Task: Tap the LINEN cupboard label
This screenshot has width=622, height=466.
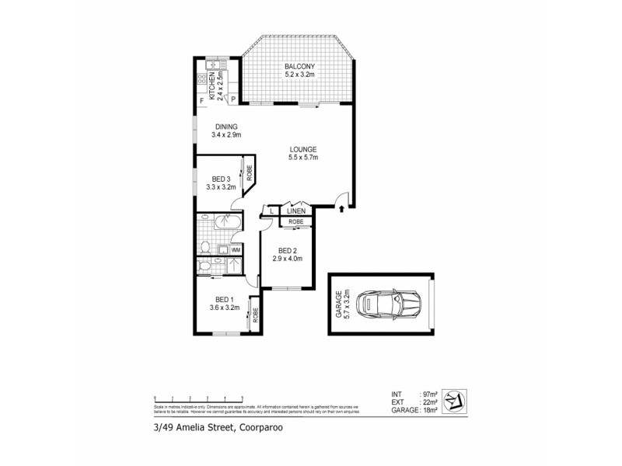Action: click(x=295, y=210)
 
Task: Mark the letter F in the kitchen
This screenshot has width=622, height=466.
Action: click(x=201, y=101)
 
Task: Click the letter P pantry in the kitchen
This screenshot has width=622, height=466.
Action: click(x=232, y=100)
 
